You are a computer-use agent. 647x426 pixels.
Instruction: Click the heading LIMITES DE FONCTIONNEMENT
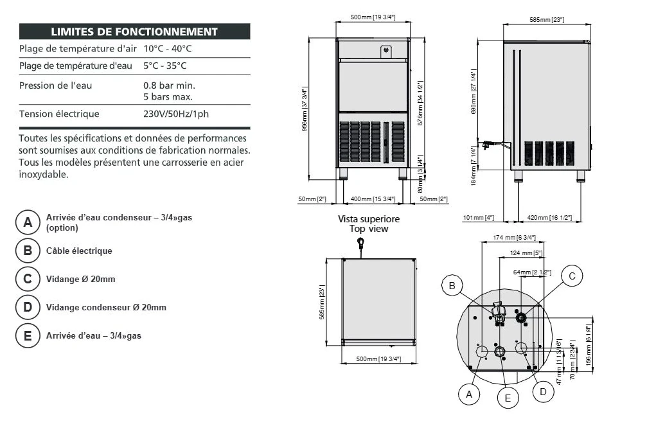[134, 31]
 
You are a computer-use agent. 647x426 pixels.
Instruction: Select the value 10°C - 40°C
[168, 49]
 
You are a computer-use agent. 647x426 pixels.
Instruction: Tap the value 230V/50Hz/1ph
[176, 114]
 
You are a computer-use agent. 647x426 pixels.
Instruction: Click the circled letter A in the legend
[28, 222]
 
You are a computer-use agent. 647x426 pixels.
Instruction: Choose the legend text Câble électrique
[79, 251]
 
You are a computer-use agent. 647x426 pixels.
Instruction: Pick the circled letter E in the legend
[28, 335]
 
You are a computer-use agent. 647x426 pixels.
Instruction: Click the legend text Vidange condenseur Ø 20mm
[106, 307]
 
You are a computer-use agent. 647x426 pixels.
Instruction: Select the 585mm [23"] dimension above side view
[546, 20]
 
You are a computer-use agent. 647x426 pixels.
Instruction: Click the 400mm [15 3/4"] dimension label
[373, 199]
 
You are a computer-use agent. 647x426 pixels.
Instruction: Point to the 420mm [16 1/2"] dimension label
[550, 217]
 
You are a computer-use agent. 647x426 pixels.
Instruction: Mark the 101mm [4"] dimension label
[478, 217]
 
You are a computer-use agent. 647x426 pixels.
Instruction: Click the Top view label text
[369, 229]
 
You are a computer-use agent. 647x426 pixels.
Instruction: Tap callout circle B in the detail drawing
[452, 285]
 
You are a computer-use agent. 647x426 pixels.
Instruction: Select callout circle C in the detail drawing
[572, 276]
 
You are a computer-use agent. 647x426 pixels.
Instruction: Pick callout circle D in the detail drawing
[543, 391]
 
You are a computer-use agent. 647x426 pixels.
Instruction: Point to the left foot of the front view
[343, 173]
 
